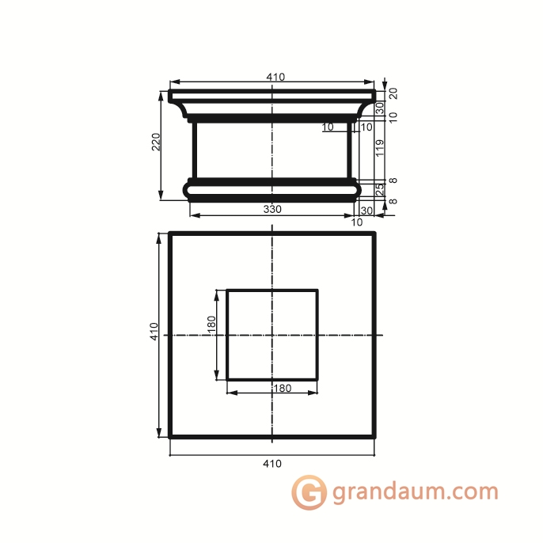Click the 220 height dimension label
(156, 142)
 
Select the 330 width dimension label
(271, 210)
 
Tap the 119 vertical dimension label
(380, 148)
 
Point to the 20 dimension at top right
(393, 93)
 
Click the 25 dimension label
(380, 189)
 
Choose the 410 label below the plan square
(271, 463)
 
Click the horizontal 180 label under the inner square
(283, 388)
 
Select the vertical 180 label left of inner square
(211, 325)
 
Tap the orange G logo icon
(309, 492)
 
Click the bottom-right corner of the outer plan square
(374, 436)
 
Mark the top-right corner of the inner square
(317, 290)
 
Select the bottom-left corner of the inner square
(227, 379)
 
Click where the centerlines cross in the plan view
(272, 335)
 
